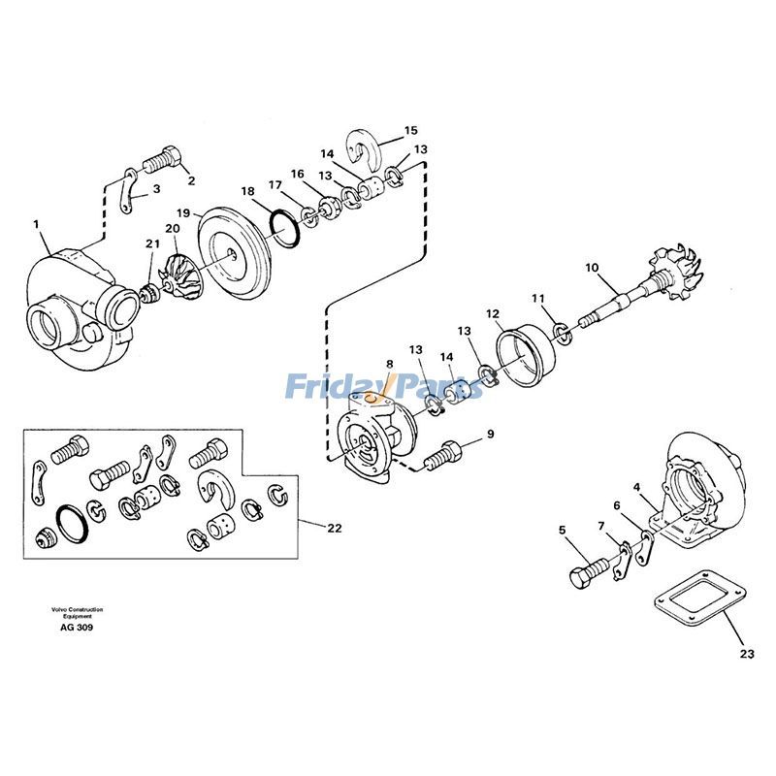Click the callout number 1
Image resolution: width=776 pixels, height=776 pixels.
point(36,224)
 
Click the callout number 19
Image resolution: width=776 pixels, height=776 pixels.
point(181,212)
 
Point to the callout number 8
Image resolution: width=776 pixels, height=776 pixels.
point(390,366)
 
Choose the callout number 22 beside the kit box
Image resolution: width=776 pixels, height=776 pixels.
point(334,529)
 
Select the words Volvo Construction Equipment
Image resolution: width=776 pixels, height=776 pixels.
point(78,613)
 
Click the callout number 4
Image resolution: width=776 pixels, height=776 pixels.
point(636,487)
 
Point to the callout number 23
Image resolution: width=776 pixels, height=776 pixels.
point(744,654)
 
